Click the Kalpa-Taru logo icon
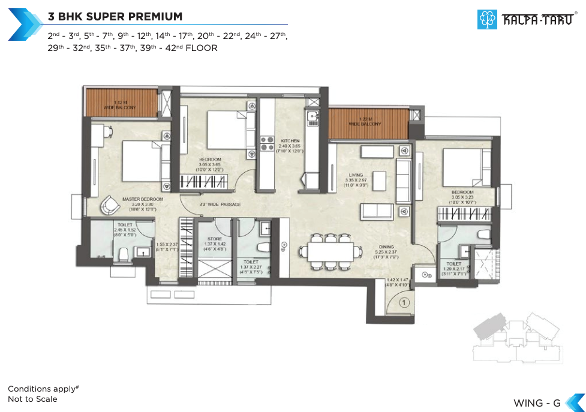(x=487, y=19)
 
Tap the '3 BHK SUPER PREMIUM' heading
(x=115, y=16)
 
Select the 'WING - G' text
(x=537, y=402)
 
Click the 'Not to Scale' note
(x=32, y=399)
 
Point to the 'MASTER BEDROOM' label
(x=143, y=199)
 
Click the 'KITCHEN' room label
(x=290, y=141)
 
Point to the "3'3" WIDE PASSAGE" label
(x=220, y=205)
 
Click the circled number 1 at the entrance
(x=404, y=303)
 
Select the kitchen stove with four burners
(x=266, y=143)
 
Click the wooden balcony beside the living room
(x=368, y=123)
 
